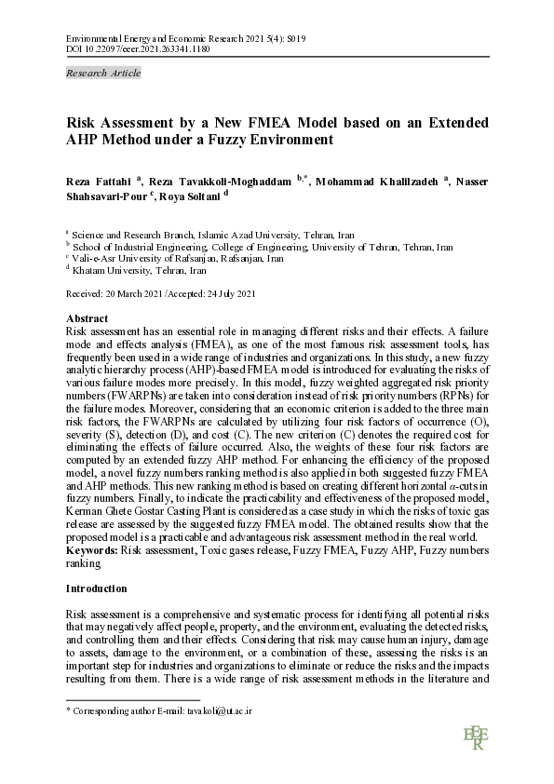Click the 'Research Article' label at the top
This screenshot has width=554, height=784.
point(103,73)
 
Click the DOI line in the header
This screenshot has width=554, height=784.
point(138,48)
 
